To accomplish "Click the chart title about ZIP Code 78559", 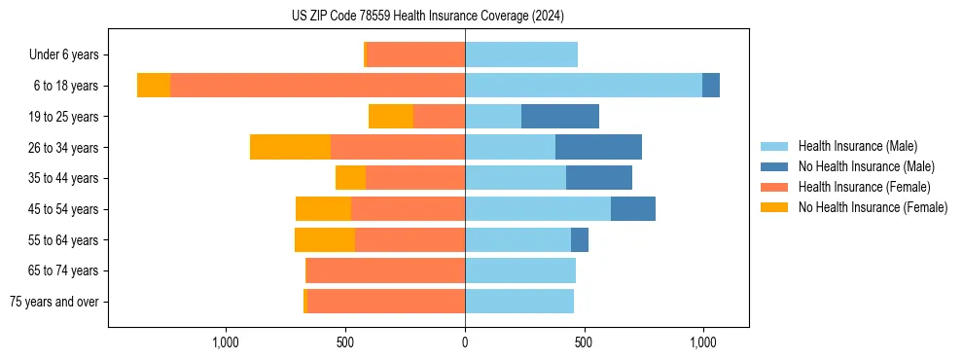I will [428, 17].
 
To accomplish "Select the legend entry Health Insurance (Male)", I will [857, 146].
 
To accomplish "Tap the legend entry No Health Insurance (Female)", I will [873, 207].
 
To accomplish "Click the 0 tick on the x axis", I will [465, 342].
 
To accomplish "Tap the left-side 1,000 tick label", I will [225, 342].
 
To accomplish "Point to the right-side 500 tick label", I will [584, 342].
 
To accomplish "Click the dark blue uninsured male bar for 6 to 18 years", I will [711, 86].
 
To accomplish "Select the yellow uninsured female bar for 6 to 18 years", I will [154, 86].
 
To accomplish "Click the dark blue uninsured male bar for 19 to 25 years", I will [560, 117].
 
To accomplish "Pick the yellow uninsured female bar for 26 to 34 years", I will [290, 147].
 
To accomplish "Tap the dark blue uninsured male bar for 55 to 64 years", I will [580, 239].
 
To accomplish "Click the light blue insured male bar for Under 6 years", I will [521, 54].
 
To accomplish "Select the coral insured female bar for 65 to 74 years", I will [386, 270].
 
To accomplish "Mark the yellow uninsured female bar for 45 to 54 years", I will [323, 209].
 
